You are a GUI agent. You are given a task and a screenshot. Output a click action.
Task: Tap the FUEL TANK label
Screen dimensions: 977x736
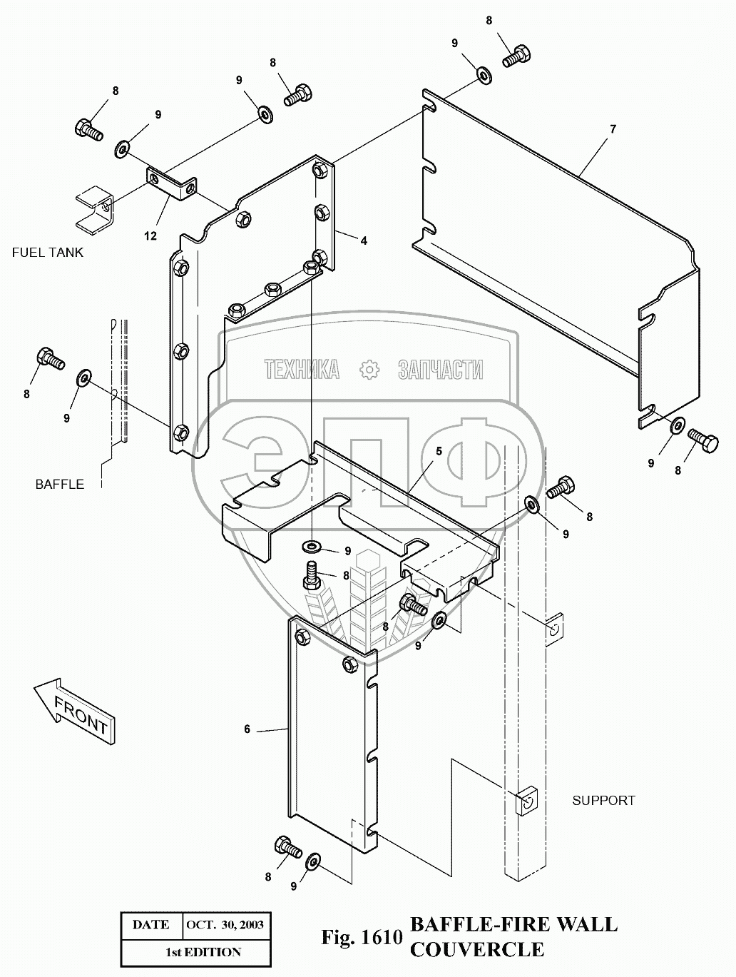pos(47,252)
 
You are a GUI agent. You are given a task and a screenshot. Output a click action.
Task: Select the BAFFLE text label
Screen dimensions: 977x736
pos(60,484)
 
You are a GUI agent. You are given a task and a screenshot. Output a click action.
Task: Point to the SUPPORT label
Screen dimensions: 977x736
pos(603,800)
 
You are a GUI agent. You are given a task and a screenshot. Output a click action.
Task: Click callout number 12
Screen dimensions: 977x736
pos(151,236)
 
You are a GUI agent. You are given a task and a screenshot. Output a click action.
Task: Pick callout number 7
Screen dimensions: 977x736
pos(613,129)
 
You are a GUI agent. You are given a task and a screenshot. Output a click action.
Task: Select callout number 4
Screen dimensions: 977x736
pos(364,241)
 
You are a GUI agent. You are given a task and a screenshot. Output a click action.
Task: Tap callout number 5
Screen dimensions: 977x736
pos(439,451)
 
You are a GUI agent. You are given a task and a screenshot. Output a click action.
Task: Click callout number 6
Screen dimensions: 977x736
pos(247,729)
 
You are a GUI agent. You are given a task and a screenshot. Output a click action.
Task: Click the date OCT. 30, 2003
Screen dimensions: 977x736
pos(225,924)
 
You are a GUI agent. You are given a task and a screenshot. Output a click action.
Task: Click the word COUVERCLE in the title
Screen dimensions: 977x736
pos(476,950)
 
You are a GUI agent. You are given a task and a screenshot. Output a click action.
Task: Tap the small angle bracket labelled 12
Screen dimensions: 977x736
pos(171,182)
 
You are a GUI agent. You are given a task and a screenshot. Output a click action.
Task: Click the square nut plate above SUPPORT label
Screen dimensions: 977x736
pos(525,801)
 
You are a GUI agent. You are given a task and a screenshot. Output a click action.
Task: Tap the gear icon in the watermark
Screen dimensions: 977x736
pos(369,370)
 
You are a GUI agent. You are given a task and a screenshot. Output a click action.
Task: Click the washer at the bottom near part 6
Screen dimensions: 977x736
pos(313,862)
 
